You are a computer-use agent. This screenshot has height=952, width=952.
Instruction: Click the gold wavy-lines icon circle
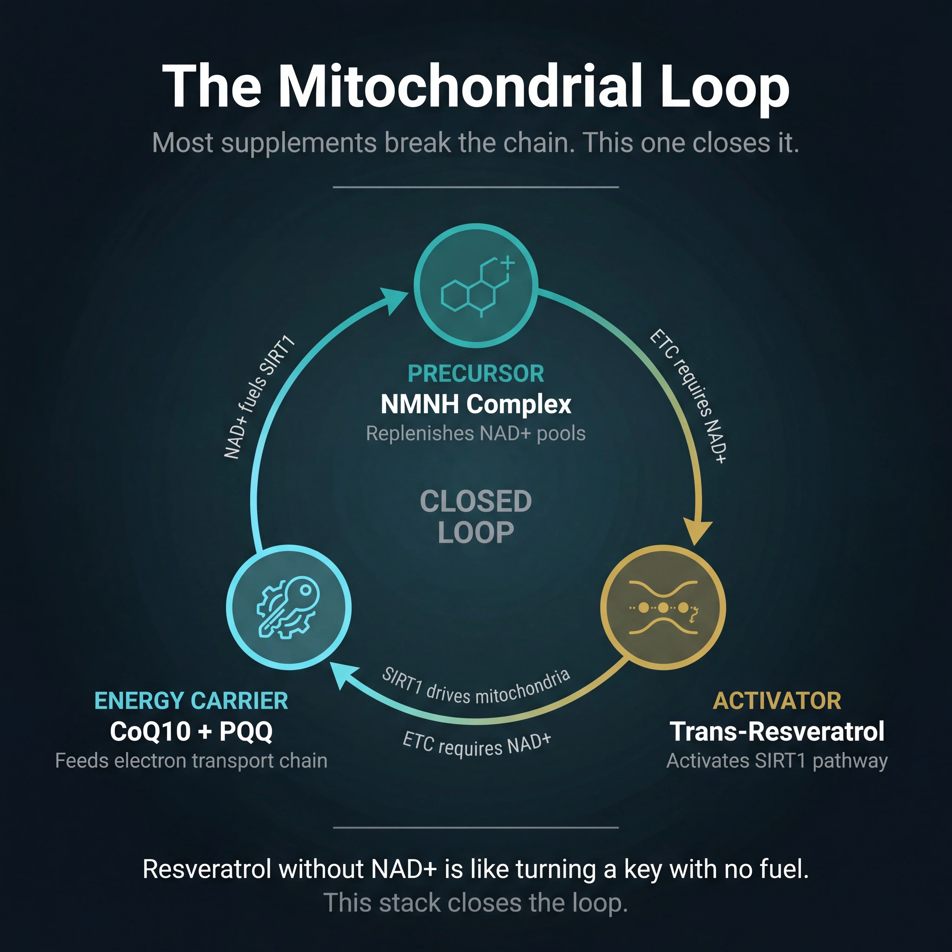[663, 607]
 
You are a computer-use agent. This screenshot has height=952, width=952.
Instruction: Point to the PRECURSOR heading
[476, 374]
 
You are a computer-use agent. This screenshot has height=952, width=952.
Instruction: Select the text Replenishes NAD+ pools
[476, 434]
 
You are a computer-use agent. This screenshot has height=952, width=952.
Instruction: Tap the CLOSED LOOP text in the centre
[476, 516]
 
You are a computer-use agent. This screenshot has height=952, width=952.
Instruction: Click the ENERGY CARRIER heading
[191, 701]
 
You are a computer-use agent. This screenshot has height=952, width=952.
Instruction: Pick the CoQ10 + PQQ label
[191, 731]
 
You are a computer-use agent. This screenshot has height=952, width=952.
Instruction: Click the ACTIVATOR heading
[777, 701]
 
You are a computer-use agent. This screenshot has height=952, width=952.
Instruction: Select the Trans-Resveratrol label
[777, 731]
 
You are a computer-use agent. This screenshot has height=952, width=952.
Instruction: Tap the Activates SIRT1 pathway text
[777, 761]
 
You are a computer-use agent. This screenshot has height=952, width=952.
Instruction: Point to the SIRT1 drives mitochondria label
[476, 686]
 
